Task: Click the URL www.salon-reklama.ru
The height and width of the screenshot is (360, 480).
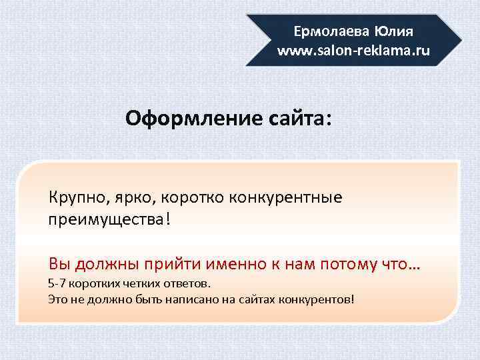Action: pyautogui.click(x=354, y=51)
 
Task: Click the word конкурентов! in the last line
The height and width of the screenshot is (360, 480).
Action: pyautogui.click(x=321, y=298)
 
